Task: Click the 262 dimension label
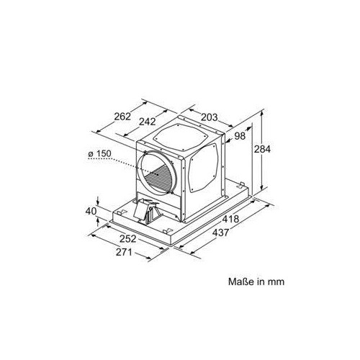click(122, 117)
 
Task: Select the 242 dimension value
click(148, 122)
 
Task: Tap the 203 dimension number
click(209, 117)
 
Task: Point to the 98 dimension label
click(240, 136)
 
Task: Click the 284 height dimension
click(262, 149)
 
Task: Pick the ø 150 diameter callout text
click(100, 153)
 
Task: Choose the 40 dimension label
click(91, 212)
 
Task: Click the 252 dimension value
click(127, 238)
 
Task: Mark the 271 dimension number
click(124, 252)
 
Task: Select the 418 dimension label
click(230, 219)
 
